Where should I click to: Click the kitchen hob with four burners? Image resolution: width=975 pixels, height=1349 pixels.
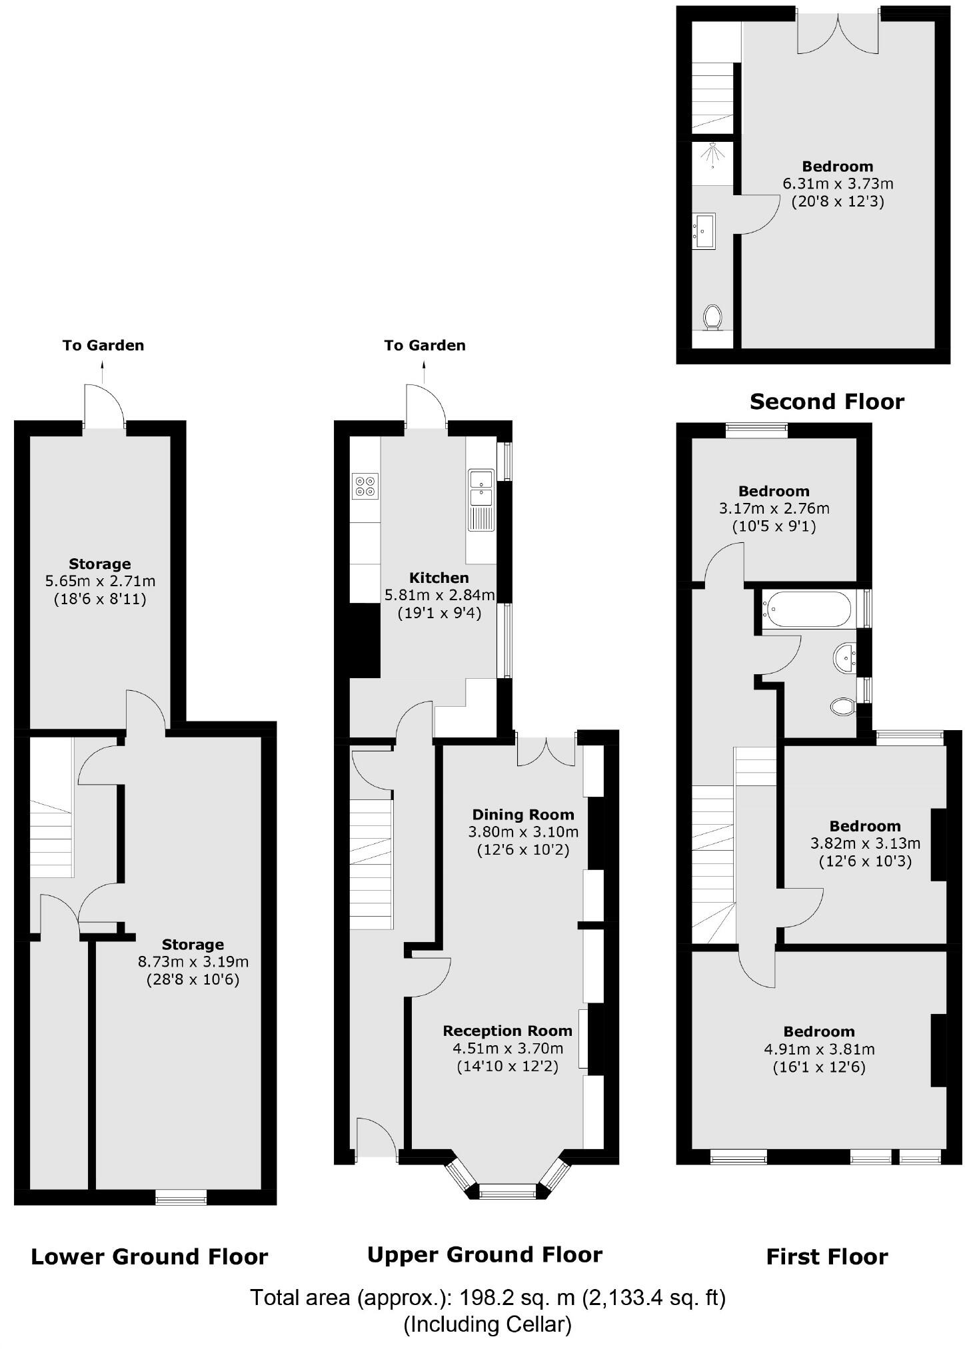[365, 486]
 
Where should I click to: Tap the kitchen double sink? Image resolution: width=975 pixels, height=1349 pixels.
[481, 488]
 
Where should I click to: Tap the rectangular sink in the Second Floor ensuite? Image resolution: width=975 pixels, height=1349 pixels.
[704, 231]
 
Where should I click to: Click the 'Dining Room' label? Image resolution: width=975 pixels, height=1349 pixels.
[523, 814]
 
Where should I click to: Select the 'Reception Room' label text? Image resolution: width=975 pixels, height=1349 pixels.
[507, 1031]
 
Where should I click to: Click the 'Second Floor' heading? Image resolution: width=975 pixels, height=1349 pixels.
[826, 402]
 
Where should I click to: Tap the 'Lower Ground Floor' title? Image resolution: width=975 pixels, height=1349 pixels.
[149, 1256]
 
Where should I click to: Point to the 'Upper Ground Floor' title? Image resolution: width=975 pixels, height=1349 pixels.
[485, 1254]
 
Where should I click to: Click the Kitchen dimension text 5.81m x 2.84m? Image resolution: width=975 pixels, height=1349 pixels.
[439, 595]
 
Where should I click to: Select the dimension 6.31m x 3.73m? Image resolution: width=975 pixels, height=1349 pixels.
[837, 183]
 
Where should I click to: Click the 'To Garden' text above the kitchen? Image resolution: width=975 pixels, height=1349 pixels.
[425, 345]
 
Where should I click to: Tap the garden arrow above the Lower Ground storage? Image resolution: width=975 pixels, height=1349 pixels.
[103, 372]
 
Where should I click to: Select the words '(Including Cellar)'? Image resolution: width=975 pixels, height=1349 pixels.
[487, 1324]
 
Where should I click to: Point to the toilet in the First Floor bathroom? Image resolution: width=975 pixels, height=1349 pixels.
[843, 706]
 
